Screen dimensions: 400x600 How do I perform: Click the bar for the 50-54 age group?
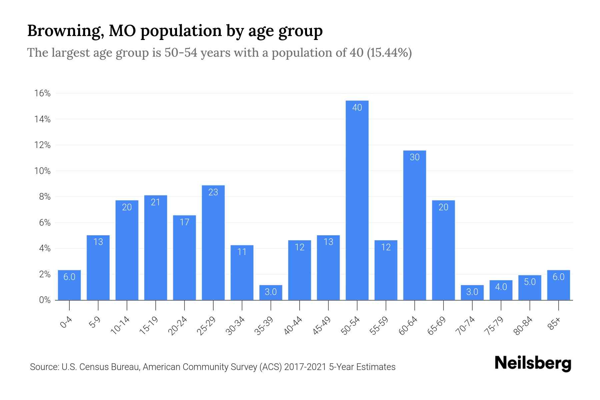357,200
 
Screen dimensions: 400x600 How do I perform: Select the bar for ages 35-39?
271,293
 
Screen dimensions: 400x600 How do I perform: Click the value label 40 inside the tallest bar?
357,107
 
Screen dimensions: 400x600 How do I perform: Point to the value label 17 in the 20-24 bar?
184,222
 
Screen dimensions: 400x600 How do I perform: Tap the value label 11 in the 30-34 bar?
242,252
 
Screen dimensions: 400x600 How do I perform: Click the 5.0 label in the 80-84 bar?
530,282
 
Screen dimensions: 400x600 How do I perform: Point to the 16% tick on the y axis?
43,93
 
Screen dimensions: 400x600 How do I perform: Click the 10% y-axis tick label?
43,171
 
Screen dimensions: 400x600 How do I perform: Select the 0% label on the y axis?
45,300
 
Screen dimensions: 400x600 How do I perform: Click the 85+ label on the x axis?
554,324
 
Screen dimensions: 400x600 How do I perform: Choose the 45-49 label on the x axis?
322,326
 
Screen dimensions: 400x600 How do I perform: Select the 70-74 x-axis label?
465,326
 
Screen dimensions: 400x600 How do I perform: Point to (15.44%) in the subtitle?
389,53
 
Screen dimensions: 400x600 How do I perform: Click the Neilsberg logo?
533,363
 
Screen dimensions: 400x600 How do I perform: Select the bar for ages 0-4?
69,285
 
